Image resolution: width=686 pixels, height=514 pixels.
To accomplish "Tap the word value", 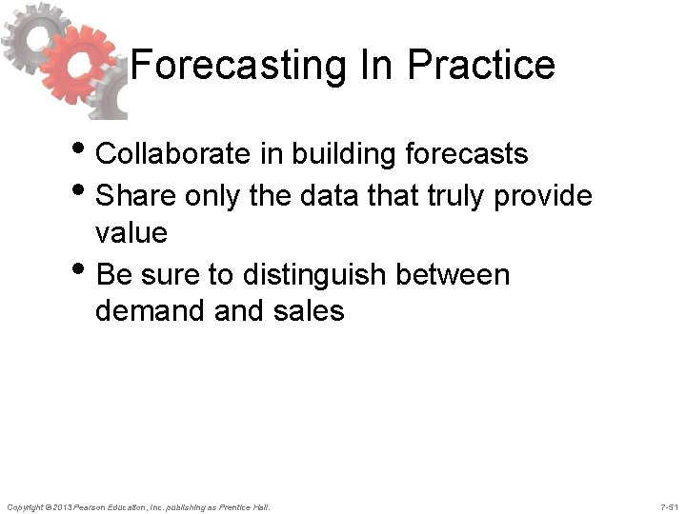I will pyautogui.click(x=131, y=232).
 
